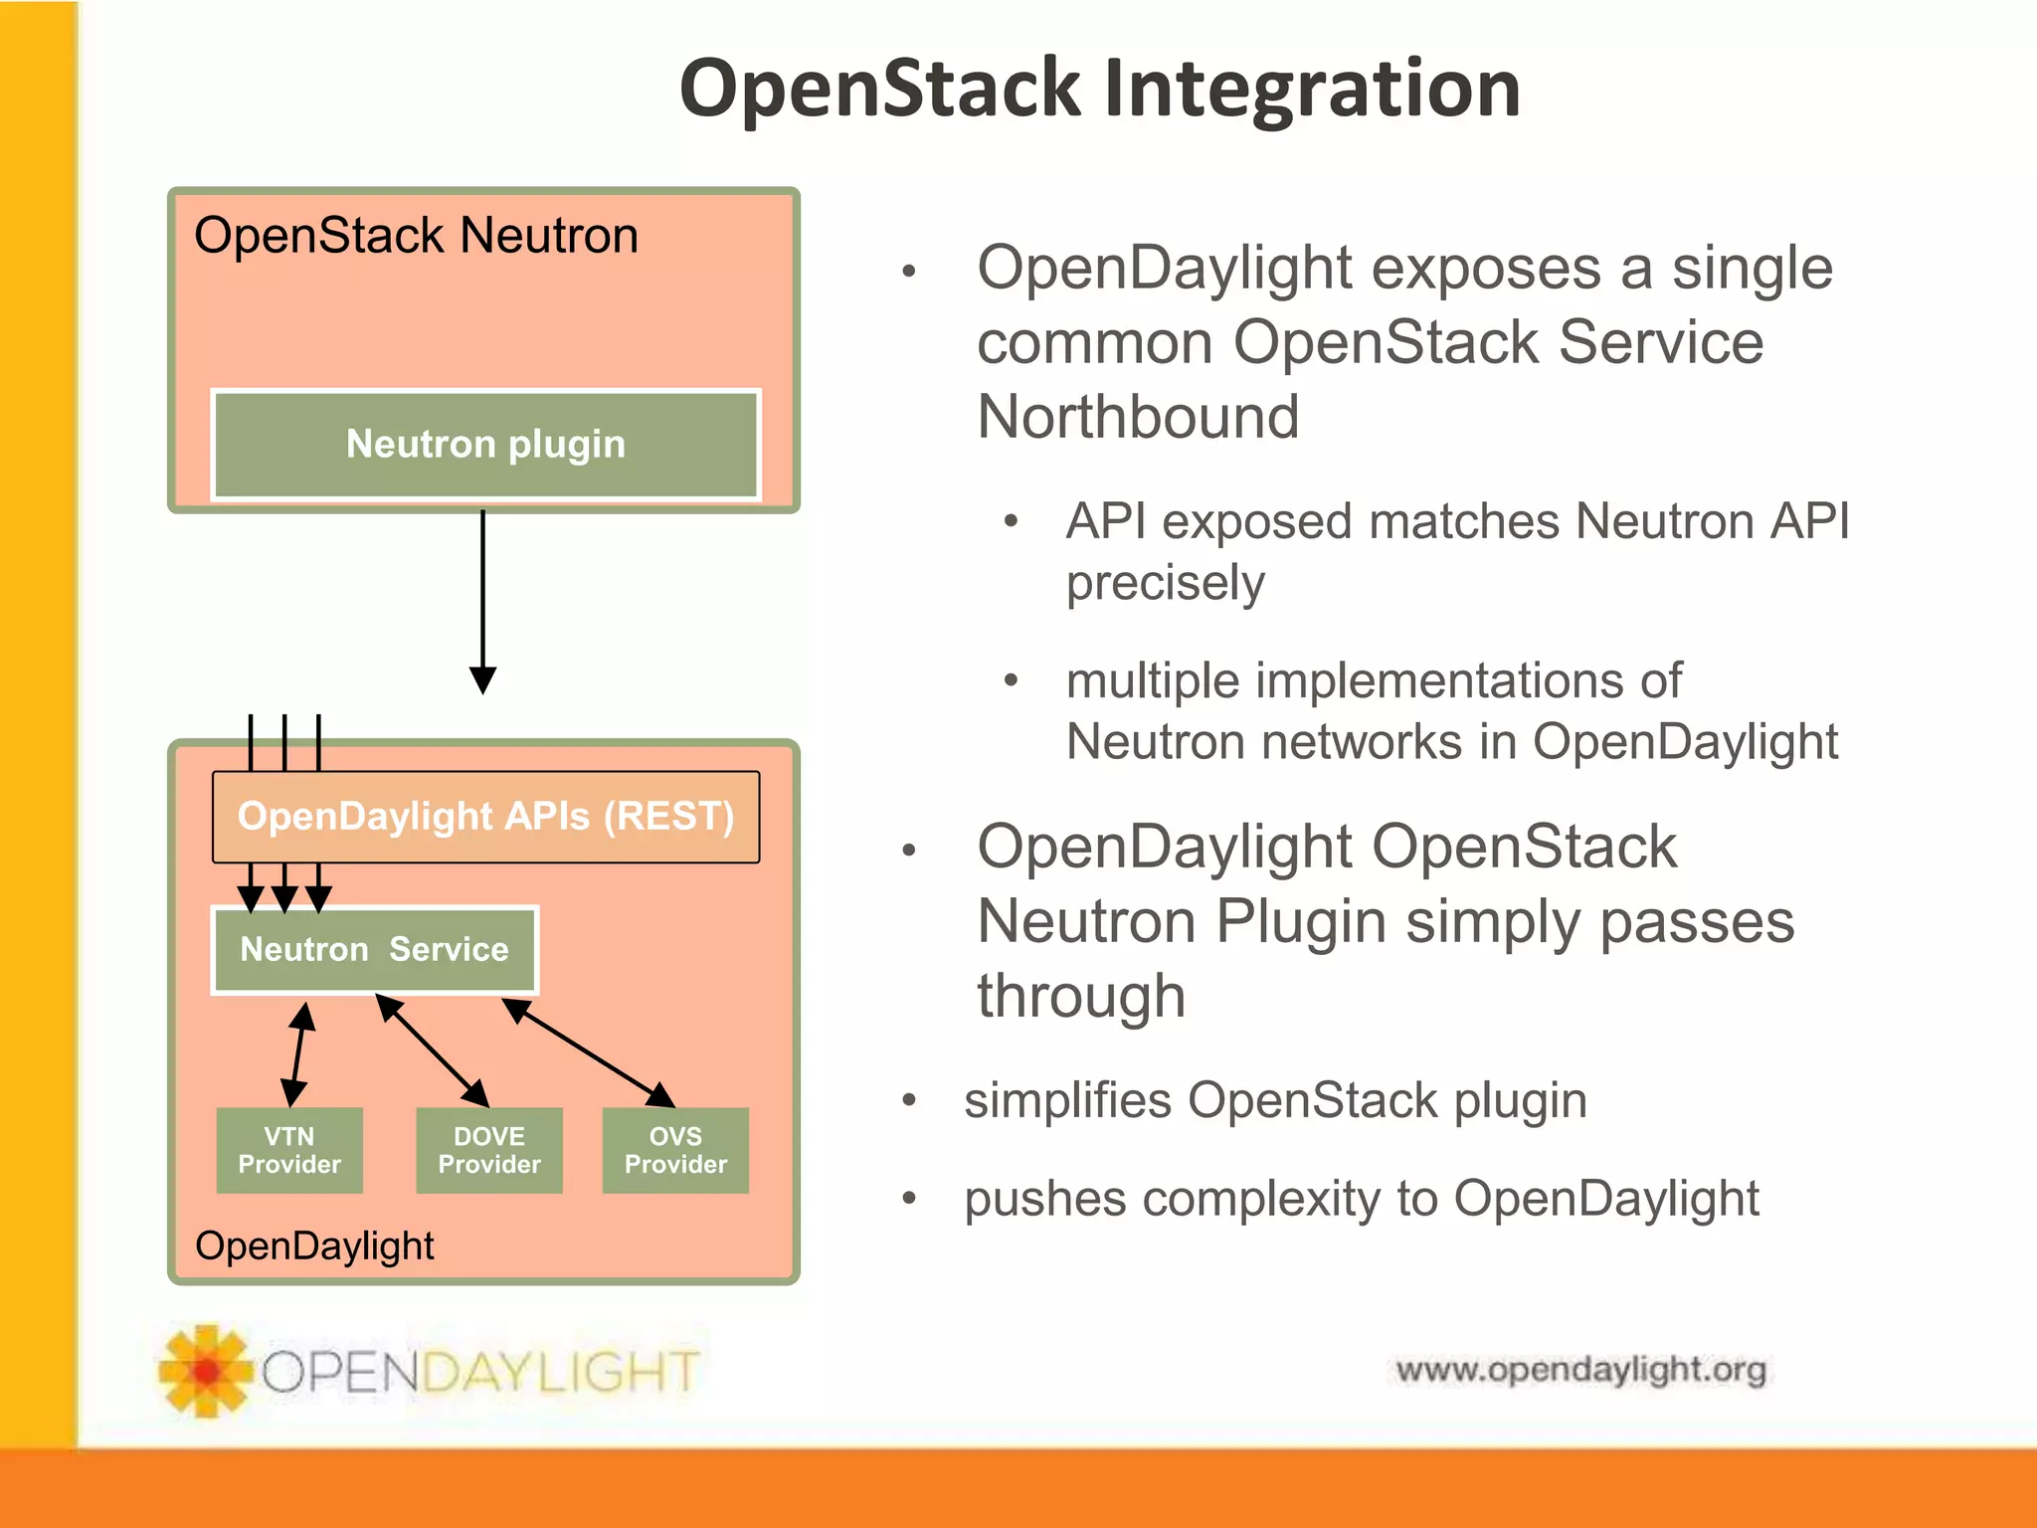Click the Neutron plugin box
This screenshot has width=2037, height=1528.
pyautogui.click(x=485, y=444)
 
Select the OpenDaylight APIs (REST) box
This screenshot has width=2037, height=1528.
pyautogui.click(x=485, y=817)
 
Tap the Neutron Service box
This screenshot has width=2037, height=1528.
pyautogui.click(x=374, y=949)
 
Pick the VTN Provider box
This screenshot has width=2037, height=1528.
pyautogui.click(x=289, y=1150)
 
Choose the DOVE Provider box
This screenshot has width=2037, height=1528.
pyautogui.click(x=489, y=1150)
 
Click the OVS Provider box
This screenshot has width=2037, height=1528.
pyautogui.click(x=675, y=1150)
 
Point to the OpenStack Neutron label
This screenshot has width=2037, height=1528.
pyautogui.click(x=416, y=236)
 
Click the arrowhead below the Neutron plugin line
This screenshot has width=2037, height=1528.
pyautogui.click(x=482, y=680)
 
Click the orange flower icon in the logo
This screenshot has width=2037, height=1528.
pyautogui.click(x=205, y=1370)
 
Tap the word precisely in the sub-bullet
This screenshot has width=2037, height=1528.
pyautogui.click(x=1165, y=582)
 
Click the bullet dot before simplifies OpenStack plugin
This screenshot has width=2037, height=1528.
pyautogui.click(x=908, y=1100)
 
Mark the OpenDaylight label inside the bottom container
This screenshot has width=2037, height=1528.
pyautogui.click(x=314, y=1245)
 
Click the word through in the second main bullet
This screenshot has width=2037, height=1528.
pyautogui.click(x=1081, y=996)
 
